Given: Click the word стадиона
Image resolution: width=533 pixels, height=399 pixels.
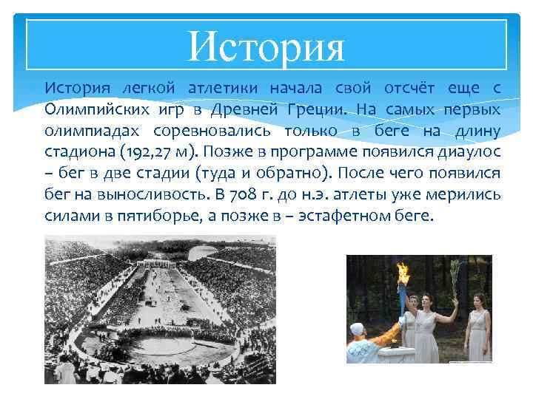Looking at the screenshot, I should pos(75,153).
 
